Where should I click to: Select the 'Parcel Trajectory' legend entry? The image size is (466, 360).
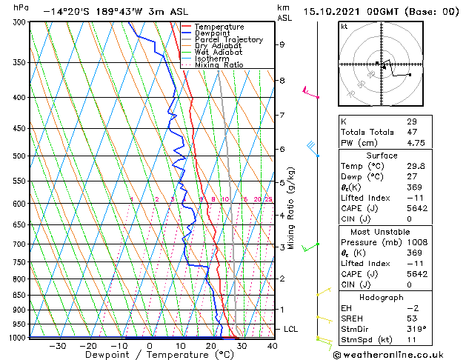click(228, 40)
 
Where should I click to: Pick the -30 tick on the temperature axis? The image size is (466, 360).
click(57, 345)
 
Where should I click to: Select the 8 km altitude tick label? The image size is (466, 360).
click(282, 80)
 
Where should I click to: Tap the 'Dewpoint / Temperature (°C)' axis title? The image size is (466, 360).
click(148, 355)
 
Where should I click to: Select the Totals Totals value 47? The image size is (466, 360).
click(411, 132)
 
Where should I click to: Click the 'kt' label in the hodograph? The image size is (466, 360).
click(344, 27)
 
